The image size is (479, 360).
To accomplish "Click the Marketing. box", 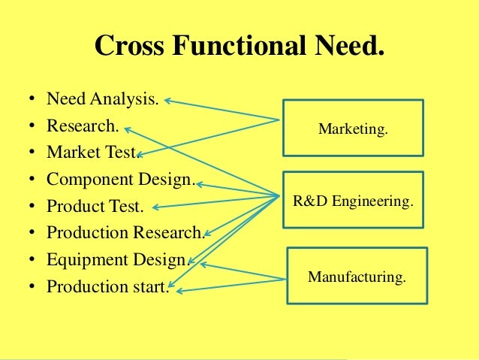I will pyautogui.click(x=353, y=129).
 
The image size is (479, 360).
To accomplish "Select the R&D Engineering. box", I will pyautogui.click(x=353, y=200).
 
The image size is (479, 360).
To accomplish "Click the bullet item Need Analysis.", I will pyautogui.click(x=102, y=99).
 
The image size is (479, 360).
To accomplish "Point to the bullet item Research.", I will pyautogui.click(x=82, y=126).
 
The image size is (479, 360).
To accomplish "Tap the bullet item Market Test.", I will pyautogui.click(x=91, y=152).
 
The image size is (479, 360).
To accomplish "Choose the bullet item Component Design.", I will pyautogui.click(x=120, y=179).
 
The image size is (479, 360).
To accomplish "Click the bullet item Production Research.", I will pyautogui.click(x=124, y=232).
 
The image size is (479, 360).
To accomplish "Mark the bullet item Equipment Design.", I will pyautogui.click(x=116, y=259).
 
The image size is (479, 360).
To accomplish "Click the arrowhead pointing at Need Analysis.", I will pyautogui.click(x=167, y=98).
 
